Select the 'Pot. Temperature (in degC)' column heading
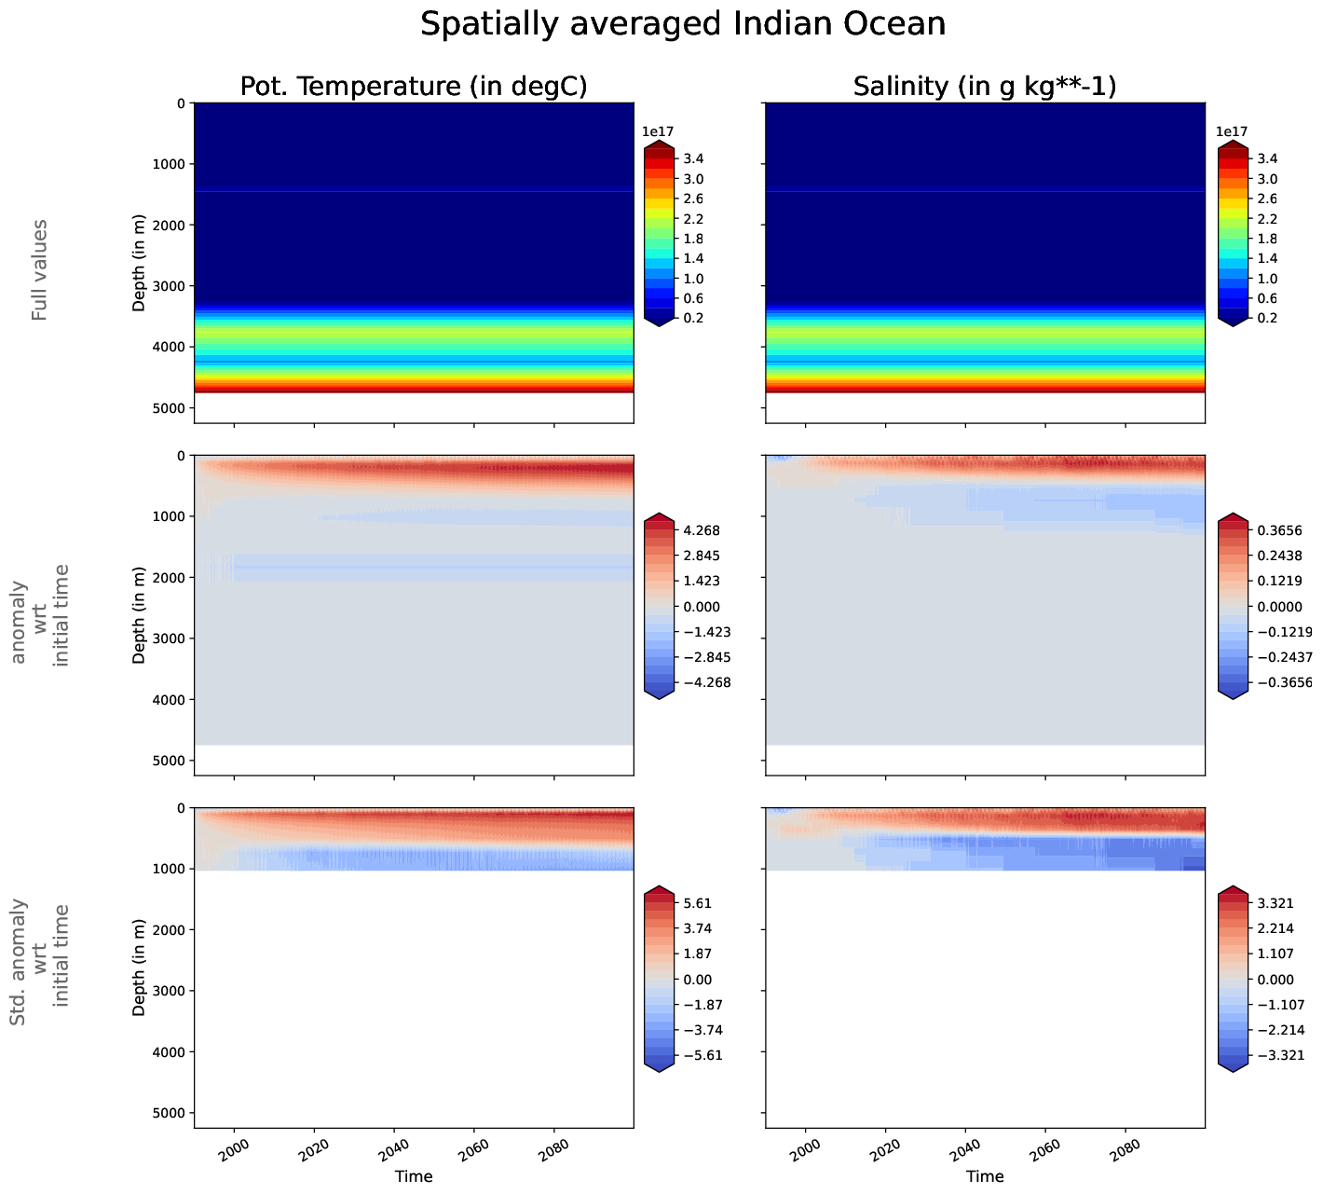414,87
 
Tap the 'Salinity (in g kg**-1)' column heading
985,87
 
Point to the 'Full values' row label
39,270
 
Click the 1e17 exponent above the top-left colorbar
658,131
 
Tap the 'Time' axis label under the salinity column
985,1176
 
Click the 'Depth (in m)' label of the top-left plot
140,262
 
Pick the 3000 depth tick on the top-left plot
168,286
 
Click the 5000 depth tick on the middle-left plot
168,761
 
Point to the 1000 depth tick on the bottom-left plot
168,869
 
